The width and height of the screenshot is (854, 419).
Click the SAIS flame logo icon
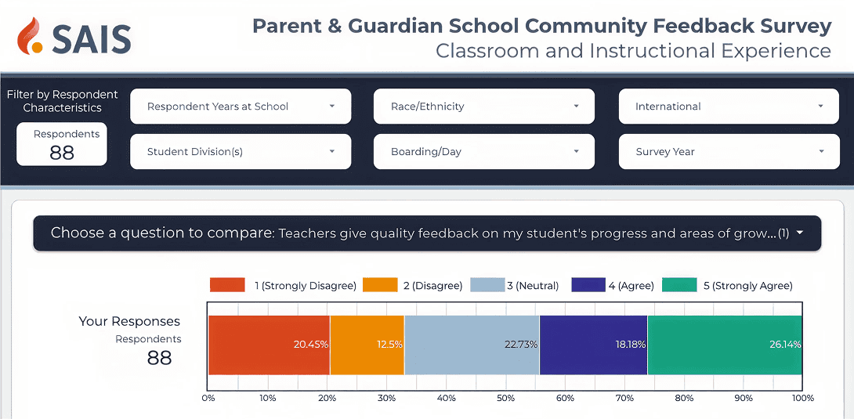tap(31, 36)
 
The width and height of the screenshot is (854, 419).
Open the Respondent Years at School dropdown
tap(241, 106)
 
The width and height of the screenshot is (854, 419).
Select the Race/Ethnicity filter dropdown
tap(483, 106)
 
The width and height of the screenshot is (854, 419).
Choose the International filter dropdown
tap(729, 106)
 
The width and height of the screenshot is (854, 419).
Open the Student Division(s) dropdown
tap(241, 152)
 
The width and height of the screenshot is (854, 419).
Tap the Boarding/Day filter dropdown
tap(483, 152)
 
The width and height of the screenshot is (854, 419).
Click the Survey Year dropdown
tap(729, 152)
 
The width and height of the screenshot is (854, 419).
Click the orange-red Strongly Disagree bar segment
tap(269, 345)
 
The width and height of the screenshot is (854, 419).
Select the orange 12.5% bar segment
tap(367, 345)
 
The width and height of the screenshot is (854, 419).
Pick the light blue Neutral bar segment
tap(472, 345)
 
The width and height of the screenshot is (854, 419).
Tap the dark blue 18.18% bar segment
tap(594, 345)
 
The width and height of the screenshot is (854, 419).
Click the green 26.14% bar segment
tap(725, 345)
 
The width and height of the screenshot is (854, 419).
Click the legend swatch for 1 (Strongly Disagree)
tap(227, 285)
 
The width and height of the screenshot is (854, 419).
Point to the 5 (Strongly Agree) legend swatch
tap(679, 285)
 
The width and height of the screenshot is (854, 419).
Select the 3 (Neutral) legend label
tap(533, 286)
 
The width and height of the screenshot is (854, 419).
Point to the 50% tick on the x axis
tap(505, 399)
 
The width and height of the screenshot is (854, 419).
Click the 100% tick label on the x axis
tap(802, 399)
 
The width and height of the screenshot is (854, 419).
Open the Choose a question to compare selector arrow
tap(799, 233)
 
